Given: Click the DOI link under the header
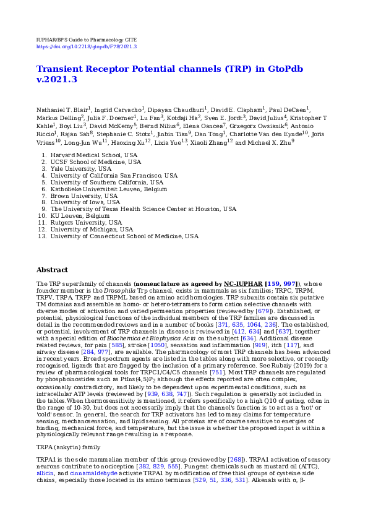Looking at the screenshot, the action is point(87,46).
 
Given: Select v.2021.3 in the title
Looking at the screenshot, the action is point(57,79).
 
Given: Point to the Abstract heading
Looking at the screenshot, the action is point(52,270).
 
